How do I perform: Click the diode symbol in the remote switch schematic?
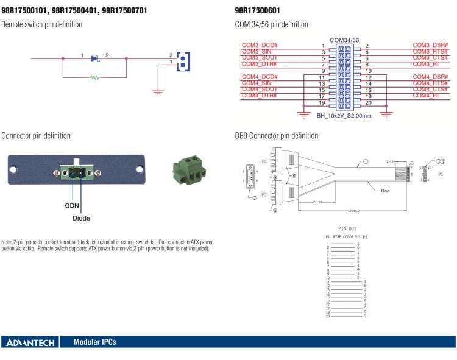[94, 58]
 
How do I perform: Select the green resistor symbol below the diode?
[94, 77]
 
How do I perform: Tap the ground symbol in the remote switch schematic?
[158, 92]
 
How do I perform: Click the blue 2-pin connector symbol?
[182, 60]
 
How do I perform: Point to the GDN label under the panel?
[72, 206]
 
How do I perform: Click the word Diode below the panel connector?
[82, 217]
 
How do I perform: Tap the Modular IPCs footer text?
[94, 342]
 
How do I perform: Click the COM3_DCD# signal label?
[260, 46]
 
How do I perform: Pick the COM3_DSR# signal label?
[430, 46]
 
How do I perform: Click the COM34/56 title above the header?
[345, 40]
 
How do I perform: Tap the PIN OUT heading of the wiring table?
[345, 228]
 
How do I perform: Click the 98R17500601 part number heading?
[259, 10]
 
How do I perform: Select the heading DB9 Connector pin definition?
[276, 135]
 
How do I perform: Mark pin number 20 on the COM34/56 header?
[368, 102]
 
